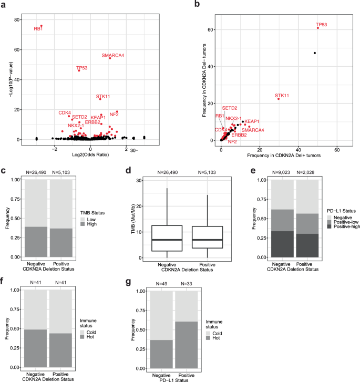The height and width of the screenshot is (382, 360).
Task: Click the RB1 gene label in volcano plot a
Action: [38, 29]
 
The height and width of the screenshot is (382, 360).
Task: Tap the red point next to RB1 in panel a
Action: [42, 26]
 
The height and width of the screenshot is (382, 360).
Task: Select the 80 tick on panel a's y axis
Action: [16, 20]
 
